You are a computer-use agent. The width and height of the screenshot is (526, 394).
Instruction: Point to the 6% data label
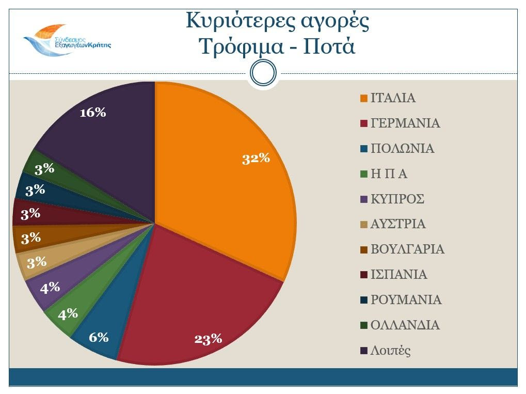99,338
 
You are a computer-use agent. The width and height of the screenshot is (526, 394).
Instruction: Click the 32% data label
257,159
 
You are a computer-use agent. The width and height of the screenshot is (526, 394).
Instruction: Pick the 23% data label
208,339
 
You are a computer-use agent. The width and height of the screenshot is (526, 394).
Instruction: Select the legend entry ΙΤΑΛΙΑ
393,98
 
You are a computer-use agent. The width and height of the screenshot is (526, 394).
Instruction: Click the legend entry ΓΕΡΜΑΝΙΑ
405,123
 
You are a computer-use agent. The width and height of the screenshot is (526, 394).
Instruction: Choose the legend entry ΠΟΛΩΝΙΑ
402,149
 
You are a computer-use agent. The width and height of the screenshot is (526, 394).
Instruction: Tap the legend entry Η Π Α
389,174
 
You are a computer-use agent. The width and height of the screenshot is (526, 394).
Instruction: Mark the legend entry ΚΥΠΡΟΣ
397,199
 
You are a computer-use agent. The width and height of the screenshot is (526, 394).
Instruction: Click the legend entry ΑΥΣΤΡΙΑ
398,224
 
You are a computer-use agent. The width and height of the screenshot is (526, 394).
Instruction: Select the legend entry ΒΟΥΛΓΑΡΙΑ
407,249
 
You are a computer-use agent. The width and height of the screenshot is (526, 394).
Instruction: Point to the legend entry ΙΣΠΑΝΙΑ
399,275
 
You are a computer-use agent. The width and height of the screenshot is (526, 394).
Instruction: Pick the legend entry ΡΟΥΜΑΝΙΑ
406,300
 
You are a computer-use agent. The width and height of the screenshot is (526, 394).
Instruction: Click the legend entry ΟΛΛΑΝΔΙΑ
405,325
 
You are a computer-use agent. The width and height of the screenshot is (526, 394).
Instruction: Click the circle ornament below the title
263,73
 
